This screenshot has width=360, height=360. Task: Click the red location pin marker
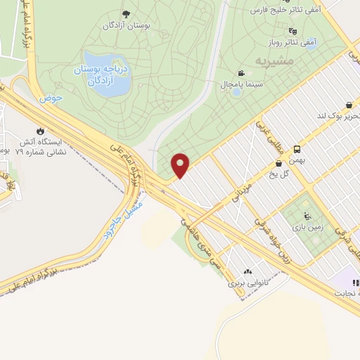click(181, 165)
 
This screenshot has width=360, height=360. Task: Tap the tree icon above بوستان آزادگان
click(126, 14)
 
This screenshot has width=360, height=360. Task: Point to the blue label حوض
click(51, 98)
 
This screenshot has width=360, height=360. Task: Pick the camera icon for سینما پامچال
click(242, 73)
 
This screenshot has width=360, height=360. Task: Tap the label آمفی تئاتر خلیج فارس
click(288, 11)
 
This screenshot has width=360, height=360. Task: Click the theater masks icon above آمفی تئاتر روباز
click(292, 31)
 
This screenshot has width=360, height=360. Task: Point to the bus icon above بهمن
click(297, 150)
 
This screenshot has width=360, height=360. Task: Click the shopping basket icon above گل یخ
click(279, 163)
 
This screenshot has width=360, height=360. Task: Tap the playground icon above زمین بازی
click(306, 216)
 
